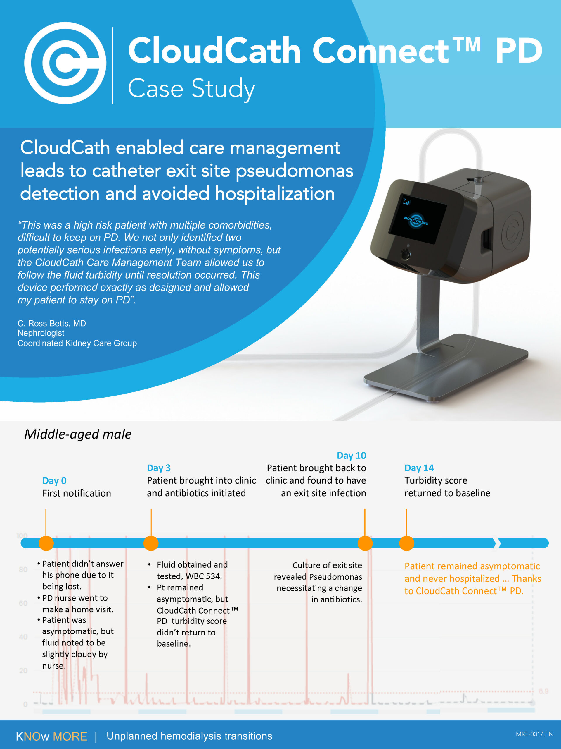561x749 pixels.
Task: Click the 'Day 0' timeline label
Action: pos(54,480)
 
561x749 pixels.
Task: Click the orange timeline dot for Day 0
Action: pos(46,543)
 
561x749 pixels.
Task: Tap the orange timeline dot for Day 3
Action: pos(151,543)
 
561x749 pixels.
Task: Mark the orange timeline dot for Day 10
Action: pos(365,543)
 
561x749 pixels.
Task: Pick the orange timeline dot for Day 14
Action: pos(406,543)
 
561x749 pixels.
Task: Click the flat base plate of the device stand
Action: pos(446,369)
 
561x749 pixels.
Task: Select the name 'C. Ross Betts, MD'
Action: pos(52,323)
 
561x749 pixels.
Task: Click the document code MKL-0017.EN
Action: pos(534,734)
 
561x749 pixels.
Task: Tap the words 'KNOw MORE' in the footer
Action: pos(51,736)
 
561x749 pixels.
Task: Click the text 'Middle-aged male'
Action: pos(78,434)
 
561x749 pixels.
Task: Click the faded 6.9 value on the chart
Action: pos(543,691)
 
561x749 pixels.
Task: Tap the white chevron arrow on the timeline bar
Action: pos(497,543)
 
